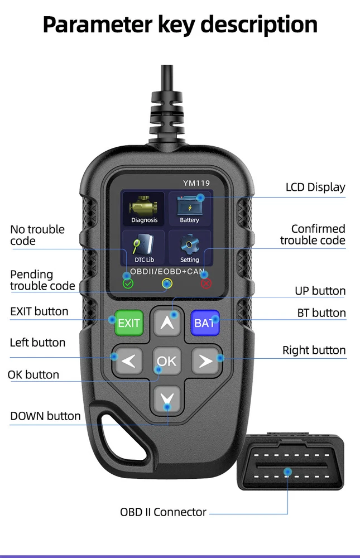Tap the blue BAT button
pyautogui.click(x=205, y=323)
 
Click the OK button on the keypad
pyautogui.click(x=167, y=361)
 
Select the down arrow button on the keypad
pyautogui.click(x=167, y=400)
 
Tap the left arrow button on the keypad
pyautogui.click(x=128, y=361)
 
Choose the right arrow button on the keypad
pyautogui.click(x=205, y=361)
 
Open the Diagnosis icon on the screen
pyautogui.click(x=144, y=209)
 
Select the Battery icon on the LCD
pyautogui.click(x=189, y=209)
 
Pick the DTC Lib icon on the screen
pyautogui.click(x=144, y=248)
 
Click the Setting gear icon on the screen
pyautogui.click(x=189, y=248)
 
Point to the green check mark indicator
pyautogui.click(x=128, y=283)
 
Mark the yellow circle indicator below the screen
pyautogui.click(x=167, y=283)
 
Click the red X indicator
pyautogui.click(x=206, y=283)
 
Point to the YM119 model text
pyautogui.click(x=196, y=183)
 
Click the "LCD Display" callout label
pyautogui.click(x=315, y=187)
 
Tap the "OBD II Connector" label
pyautogui.click(x=163, y=512)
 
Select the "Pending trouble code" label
pyautogui.click(x=42, y=280)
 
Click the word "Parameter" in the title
pyautogui.click(x=98, y=25)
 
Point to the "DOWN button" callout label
pyautogui.click(x=45, y=416)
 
